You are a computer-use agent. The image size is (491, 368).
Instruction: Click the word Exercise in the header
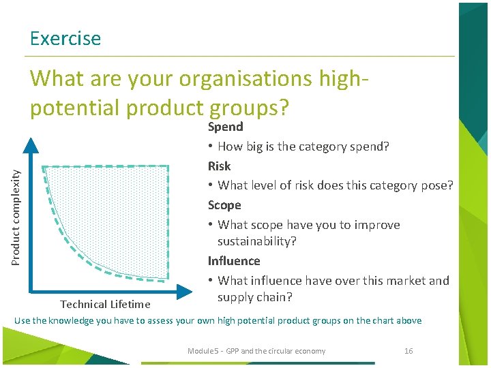pos(65,39)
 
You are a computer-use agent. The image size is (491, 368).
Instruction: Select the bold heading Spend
pos(225,127)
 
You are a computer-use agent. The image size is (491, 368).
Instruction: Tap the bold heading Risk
pos(219,166)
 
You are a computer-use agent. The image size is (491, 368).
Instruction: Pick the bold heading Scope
pos(224,205)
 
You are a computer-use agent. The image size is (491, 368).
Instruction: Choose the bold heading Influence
pos(234,261)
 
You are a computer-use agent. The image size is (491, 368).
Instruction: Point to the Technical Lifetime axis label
pos(105,305)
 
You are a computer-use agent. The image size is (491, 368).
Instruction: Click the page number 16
pos(408,351)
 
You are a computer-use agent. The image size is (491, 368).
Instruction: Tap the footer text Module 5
pos(205,351)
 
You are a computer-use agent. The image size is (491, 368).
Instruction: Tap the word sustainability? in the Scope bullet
pos(257,241)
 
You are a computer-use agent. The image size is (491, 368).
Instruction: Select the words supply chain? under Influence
pos(254,297)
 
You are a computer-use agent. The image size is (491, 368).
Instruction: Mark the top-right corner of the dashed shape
pos(168,166)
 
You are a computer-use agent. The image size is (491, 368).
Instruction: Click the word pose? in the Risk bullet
pos(437,185)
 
